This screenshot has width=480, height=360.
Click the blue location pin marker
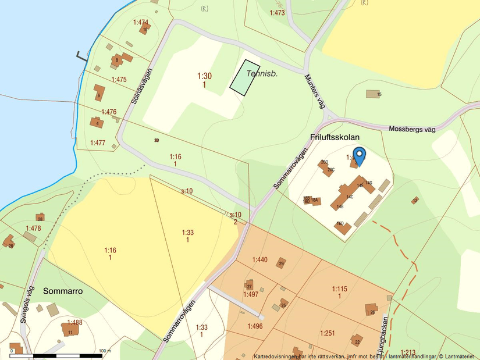pos(360,156)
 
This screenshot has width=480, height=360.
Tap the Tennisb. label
pos(262,74)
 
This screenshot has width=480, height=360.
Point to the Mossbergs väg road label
pos(412,129)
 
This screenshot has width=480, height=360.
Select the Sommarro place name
pos(62,291)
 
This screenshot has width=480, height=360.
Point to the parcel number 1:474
pos(141,23)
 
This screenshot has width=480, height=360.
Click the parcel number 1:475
pos(119,80)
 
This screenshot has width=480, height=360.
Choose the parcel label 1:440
pos(259,259)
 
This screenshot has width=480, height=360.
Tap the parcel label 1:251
pos(328,333)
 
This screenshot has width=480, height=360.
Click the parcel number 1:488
pos(74,322)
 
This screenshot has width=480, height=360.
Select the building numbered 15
pos(373,94)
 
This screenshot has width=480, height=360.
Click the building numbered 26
pos(371,309)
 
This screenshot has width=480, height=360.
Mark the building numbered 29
pos(281,263)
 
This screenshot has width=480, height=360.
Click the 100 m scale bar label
pos(105,351)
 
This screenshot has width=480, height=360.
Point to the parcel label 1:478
pos(33,229)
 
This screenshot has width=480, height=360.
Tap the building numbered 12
pos(414,201)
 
